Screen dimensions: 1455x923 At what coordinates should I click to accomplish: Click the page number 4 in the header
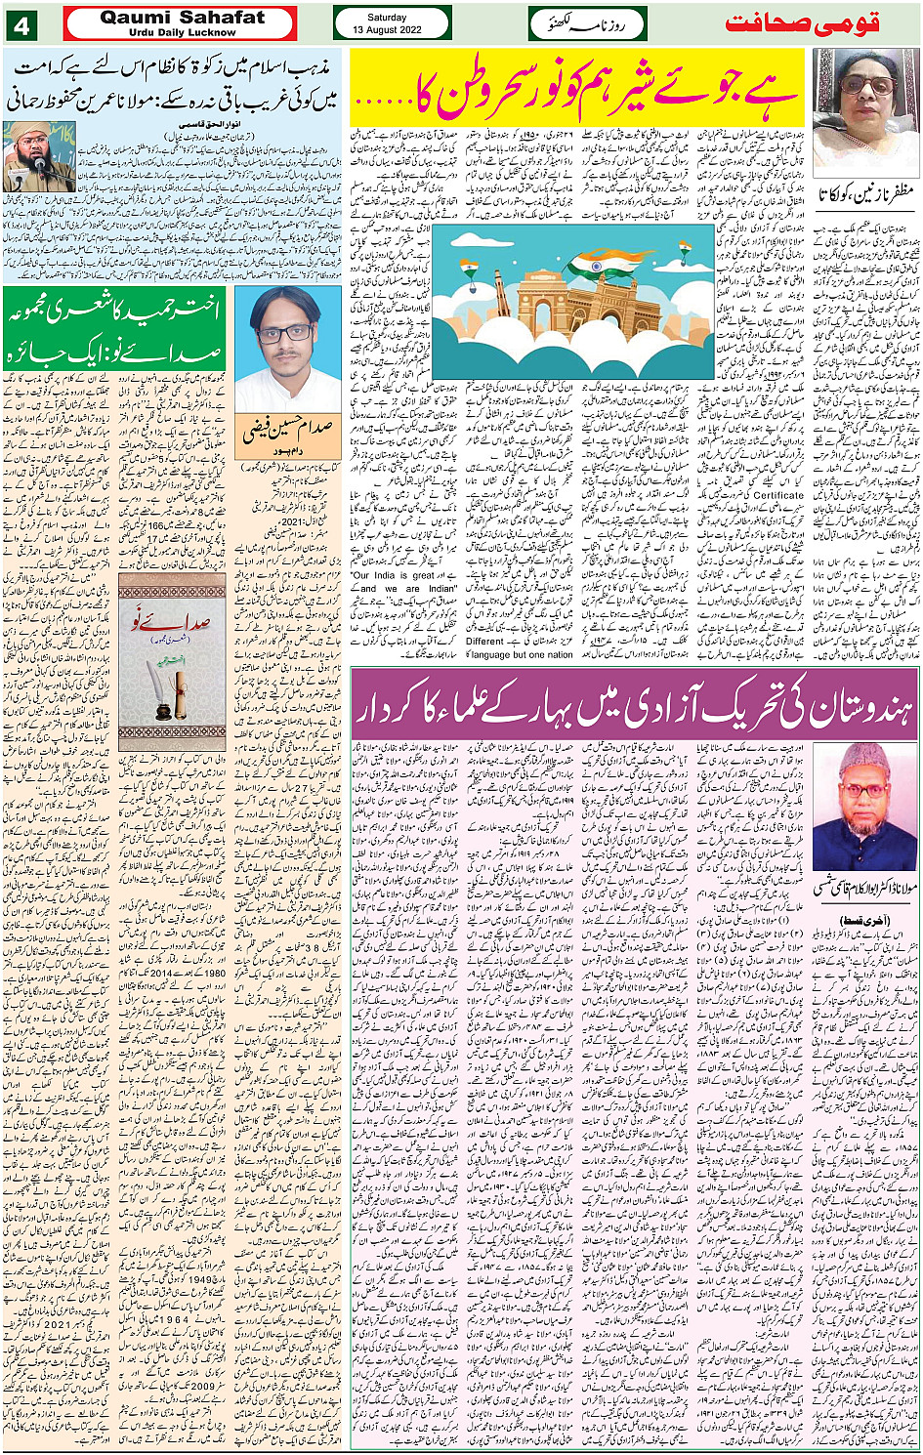click(22, 24)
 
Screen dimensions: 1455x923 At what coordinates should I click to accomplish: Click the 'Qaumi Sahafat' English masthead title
click(182, 18)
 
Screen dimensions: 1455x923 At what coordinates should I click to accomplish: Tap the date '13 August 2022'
click(387, 30)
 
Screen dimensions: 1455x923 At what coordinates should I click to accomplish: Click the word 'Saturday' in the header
click(387, 18)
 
